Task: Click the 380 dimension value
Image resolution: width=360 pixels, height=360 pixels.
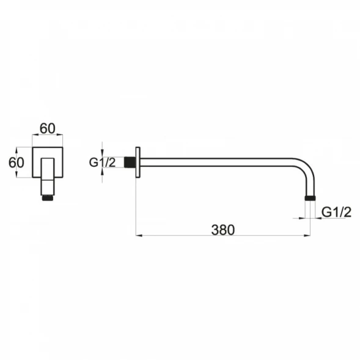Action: coord(223,230)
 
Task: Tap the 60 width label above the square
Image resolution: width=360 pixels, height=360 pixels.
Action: coord(48,128)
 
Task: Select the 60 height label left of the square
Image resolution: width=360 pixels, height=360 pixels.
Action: coord(16,163)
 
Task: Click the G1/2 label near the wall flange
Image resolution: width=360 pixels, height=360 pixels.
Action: coord(102,163)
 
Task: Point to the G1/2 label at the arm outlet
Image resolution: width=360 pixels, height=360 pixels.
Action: coord(336,212)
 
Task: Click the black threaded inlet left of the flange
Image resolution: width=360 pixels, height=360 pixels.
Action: coord(130,162)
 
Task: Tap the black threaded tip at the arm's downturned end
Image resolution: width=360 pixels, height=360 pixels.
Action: coord(310,199)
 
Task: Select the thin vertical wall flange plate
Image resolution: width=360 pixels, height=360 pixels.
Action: coord(138,162)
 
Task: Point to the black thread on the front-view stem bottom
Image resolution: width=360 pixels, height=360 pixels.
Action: coord(48,198)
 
